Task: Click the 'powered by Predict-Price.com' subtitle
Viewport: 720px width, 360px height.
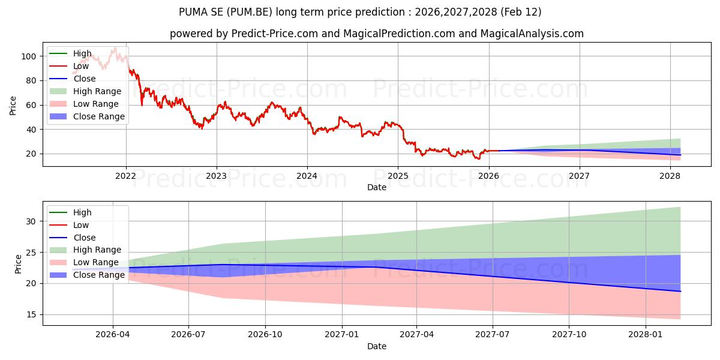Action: point(376,34)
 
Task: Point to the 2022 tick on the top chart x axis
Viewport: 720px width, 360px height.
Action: point(125,176)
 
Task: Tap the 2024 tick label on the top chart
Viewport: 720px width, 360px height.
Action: point(307,176)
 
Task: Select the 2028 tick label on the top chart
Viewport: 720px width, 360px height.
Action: point(670,176)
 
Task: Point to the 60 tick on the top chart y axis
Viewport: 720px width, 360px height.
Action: point(31,105)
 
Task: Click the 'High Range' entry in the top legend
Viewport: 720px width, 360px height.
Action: point(97,91)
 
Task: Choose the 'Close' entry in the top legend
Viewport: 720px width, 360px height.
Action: point(85,79)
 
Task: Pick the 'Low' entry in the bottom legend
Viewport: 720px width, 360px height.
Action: point(81,225)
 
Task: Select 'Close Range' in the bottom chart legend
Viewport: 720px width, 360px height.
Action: point(99,275)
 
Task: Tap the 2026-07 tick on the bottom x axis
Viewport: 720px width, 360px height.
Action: point(188,334)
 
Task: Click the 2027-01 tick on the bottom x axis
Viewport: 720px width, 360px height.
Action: point(342,334)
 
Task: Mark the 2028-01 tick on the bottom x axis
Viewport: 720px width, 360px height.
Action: point(646,334)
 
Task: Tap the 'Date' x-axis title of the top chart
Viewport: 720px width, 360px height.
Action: point(376,188)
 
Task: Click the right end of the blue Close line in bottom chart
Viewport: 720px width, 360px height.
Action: point(680,291)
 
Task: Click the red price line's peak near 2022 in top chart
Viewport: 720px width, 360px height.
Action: point(115,47)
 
